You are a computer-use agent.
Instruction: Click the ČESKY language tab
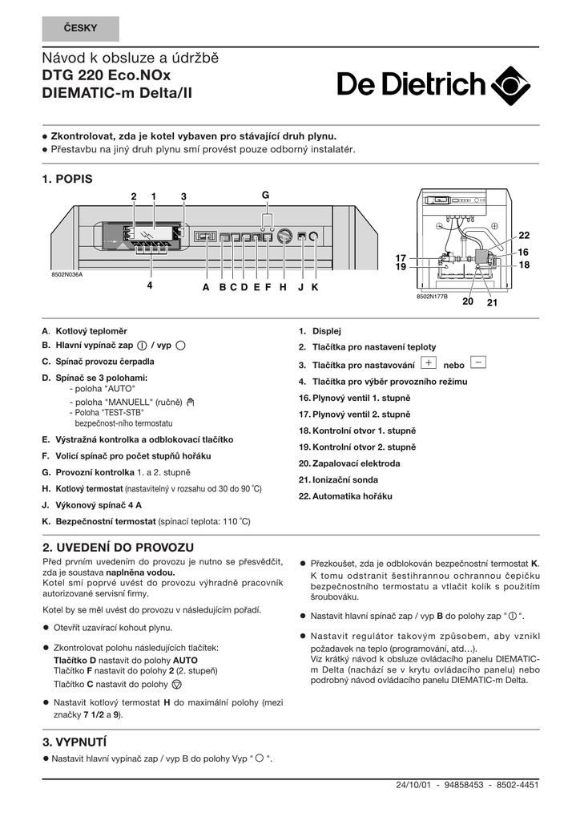click(80, 29)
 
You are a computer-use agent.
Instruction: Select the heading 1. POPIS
click(67, 179)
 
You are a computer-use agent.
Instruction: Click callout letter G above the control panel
click(266, 196)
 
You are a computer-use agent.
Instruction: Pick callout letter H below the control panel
click(283, 286)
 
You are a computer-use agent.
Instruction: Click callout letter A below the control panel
click(206, 286)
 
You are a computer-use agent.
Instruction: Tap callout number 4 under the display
click(149, 285)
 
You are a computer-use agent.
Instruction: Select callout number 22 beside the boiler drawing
click(524, 235)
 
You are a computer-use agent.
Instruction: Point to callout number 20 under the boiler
click(468, 301)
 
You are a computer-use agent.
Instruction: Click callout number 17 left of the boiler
click(401, 257)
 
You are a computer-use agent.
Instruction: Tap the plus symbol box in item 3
click(427, 362)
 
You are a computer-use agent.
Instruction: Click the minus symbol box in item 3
click(477, 362)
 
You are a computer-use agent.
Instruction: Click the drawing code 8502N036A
click(67, 274)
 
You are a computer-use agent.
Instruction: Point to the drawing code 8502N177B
click(432, 297)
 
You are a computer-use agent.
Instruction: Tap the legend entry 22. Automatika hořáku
click(345, 496)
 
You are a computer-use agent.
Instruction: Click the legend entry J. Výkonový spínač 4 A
click(92, 505)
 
